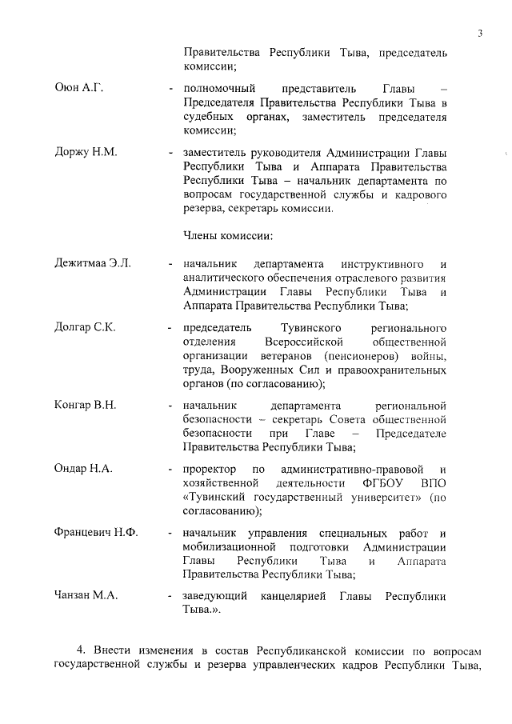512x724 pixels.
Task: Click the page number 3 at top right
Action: point(479,33)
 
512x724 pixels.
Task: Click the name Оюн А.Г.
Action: point(78,86)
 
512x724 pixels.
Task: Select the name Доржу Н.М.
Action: point(86,152)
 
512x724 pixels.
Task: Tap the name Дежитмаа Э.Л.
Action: point(92,262)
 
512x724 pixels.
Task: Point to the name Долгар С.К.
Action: point(85,328)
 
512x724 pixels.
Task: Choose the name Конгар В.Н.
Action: point(85,405)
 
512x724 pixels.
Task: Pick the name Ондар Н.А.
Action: point(83,468)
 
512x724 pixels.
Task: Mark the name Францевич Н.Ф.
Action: point(95,533)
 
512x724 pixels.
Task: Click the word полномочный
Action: point(219,86)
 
